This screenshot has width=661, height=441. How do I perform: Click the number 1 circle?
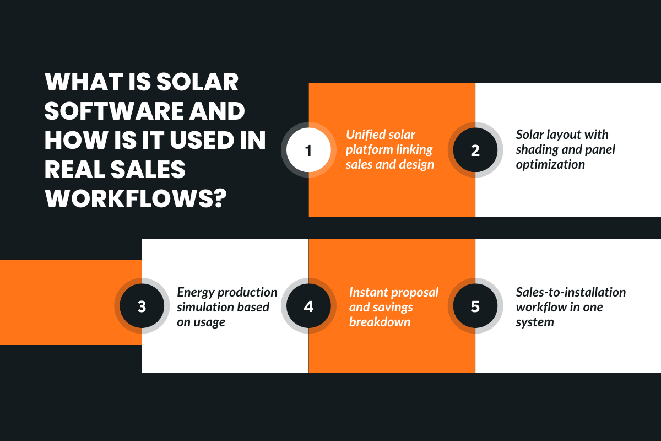[x=308, y=150]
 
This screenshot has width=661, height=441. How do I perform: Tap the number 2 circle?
[x=475, y=150]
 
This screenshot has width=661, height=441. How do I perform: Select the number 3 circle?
[x=142, y=306]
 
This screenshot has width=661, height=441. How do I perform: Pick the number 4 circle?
[x=308, y=306]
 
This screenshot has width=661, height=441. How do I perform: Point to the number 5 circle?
[x=475, y=306]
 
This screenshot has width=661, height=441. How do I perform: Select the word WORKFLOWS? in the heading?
[x=133, y=199]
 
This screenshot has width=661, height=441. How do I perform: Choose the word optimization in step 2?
[x=550, y=164]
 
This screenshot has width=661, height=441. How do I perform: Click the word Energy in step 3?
[x=196, y=292]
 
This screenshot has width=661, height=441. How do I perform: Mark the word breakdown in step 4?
[x=380, y=322]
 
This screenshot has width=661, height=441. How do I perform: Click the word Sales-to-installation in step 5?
[x=571, y=292]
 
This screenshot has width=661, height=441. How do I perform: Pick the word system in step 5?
[x=535, y=322]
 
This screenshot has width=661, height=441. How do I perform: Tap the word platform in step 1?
[x=369, y=149]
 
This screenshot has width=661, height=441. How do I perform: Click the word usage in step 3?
[x=209, y=322]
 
